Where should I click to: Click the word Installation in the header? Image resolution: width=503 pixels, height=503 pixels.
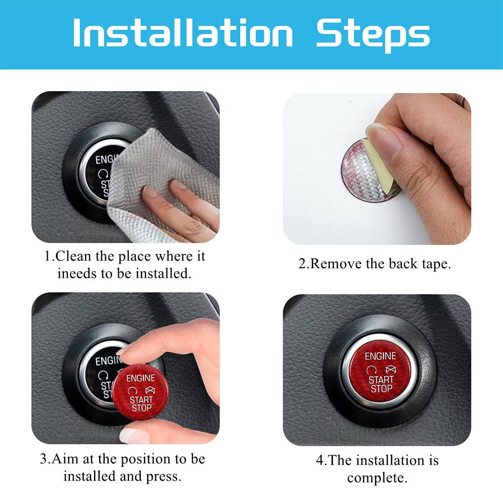click(x=183, y=34)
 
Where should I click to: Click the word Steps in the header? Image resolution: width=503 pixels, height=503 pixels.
click(x=373, y=34)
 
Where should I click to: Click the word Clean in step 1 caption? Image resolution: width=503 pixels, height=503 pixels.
click(x=74, y=257)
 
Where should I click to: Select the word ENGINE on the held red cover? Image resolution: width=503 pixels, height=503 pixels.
click(x=140, y=378)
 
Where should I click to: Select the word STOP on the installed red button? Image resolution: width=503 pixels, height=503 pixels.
click(x=381, y=389)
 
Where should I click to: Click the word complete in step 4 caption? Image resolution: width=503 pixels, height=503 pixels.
click(x=377, y=478)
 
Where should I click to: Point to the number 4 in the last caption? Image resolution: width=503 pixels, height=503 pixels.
click(x=319, y=461)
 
